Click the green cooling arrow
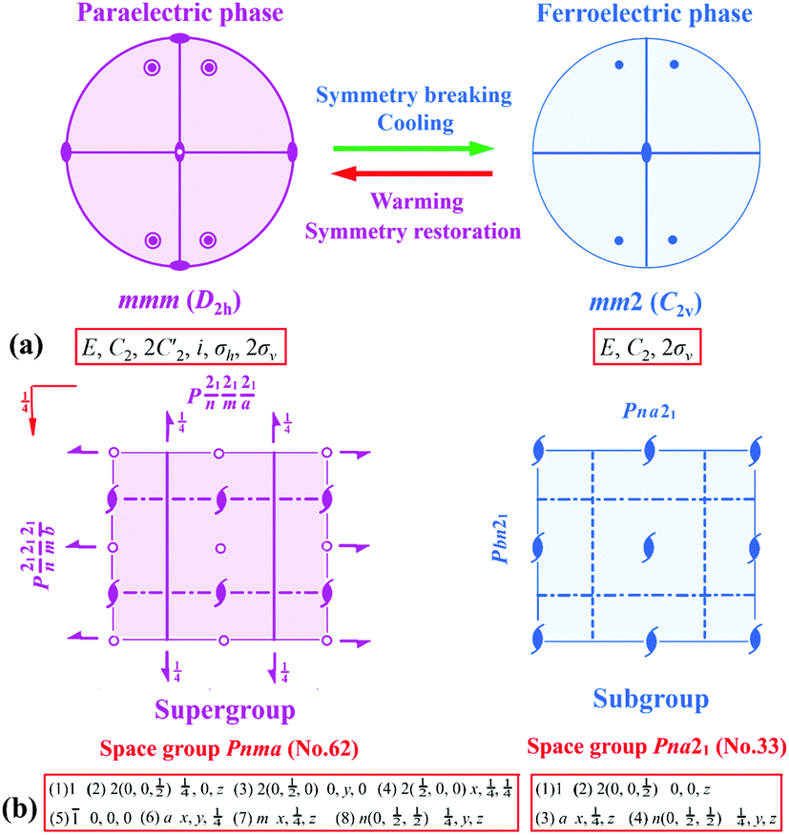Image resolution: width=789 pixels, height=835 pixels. (412, 148)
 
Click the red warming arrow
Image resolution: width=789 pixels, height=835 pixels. (412, 173)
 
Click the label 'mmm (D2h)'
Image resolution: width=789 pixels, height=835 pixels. (179, 304)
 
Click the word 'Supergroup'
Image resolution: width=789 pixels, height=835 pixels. (221, 708)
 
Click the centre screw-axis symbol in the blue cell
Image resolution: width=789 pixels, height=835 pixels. (649, 548)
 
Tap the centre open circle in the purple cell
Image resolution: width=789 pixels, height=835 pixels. (220, 547)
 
